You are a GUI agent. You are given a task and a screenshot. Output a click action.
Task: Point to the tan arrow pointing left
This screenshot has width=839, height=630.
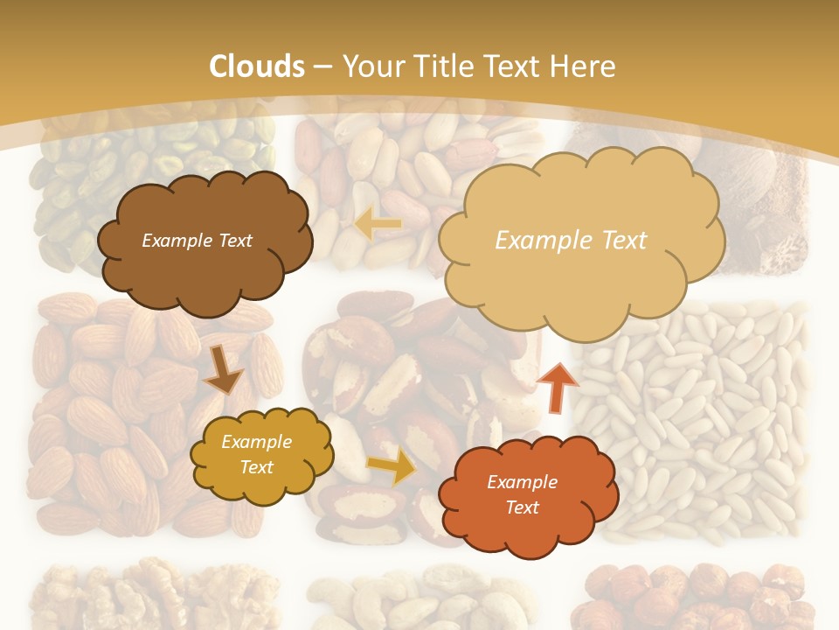[x=378, y=224]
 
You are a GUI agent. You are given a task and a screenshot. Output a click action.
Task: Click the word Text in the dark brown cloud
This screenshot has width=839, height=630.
[x=233, y=241]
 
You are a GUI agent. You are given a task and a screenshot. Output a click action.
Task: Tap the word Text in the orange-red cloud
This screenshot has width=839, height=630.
[x=522, y=507]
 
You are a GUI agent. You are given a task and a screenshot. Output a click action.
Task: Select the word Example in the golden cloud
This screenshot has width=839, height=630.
[x=257, y=443]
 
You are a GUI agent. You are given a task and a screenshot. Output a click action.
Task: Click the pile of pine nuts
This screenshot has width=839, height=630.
[x=699, y=420]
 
